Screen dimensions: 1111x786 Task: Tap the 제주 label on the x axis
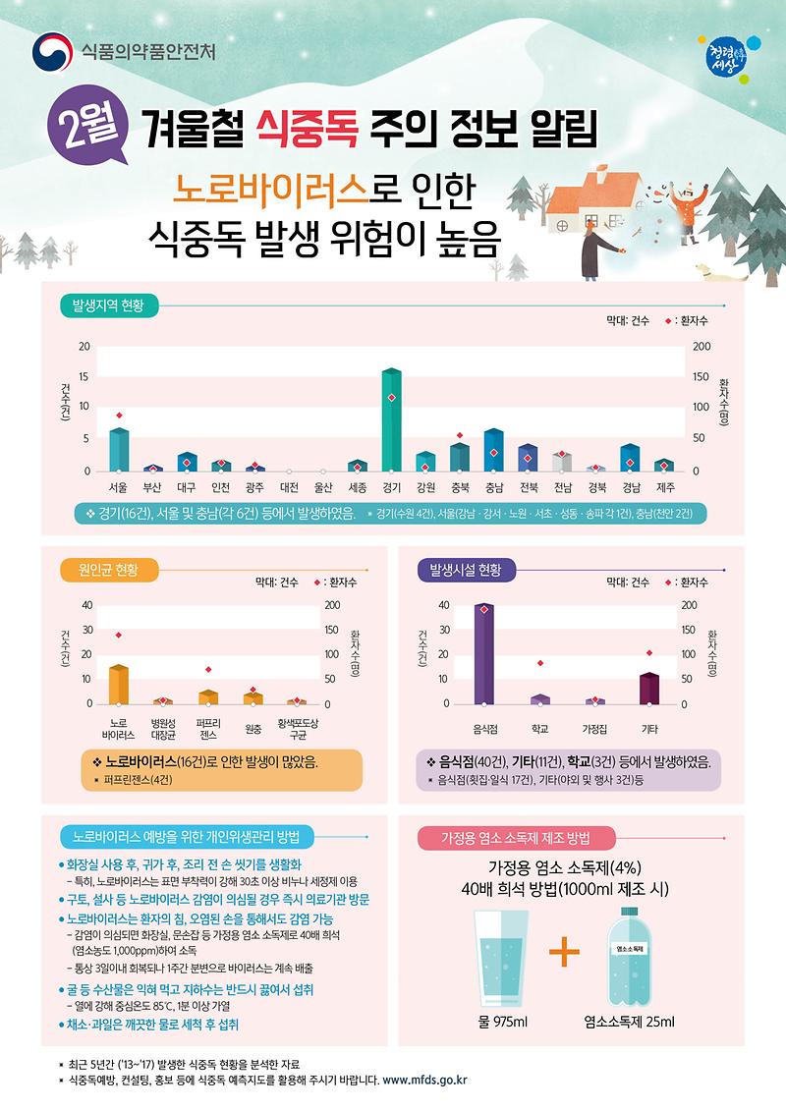click(x=664, y=487)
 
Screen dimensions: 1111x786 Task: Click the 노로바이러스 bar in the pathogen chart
click(x=119, y=685)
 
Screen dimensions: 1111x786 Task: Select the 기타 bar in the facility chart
click(x=649, y=689)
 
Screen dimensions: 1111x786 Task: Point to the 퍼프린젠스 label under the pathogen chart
click(x=207, y=728)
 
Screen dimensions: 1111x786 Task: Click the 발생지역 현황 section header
click(x=107, y=306)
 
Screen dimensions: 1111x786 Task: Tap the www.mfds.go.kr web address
click(x=424, y=1081)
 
